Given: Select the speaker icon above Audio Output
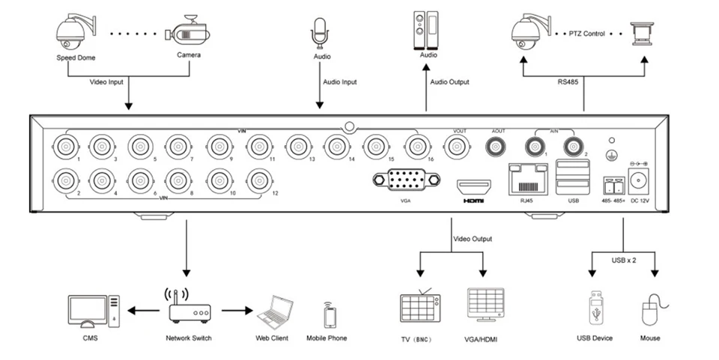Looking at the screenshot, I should click(x=428, y=28).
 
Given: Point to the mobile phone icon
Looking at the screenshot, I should click(x=328, y=314).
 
